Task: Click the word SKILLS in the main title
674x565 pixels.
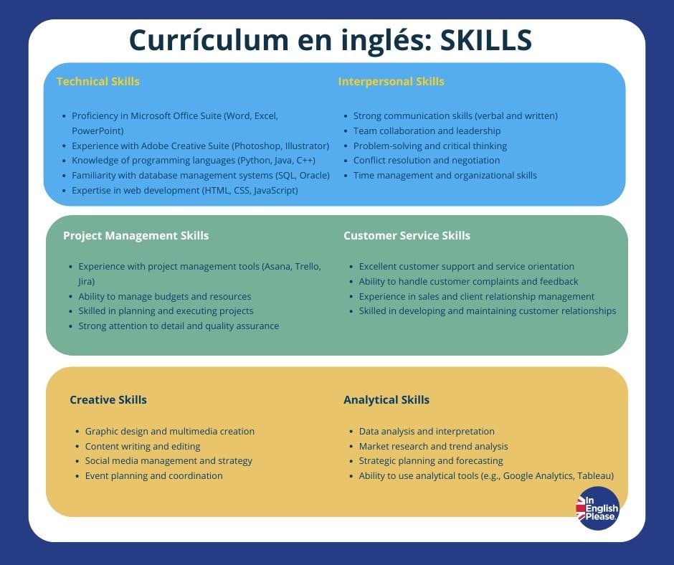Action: pos(485,41)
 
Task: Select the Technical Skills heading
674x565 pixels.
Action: pos(98,81)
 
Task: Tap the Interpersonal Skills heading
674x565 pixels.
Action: pos(391,81)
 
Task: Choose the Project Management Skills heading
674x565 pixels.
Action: pos(136,235)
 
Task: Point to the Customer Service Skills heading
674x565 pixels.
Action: pos(407,235)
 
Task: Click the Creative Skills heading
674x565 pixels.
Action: pos(108,399)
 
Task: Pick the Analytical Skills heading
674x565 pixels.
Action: pos(386,399)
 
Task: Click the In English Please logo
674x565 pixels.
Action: pos(597,508)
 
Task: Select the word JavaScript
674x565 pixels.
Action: pos(272,191)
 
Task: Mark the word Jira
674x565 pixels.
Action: pos(87,282)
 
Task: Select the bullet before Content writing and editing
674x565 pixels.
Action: pos(77,447)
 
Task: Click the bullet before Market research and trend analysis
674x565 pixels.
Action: pos(351,447)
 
